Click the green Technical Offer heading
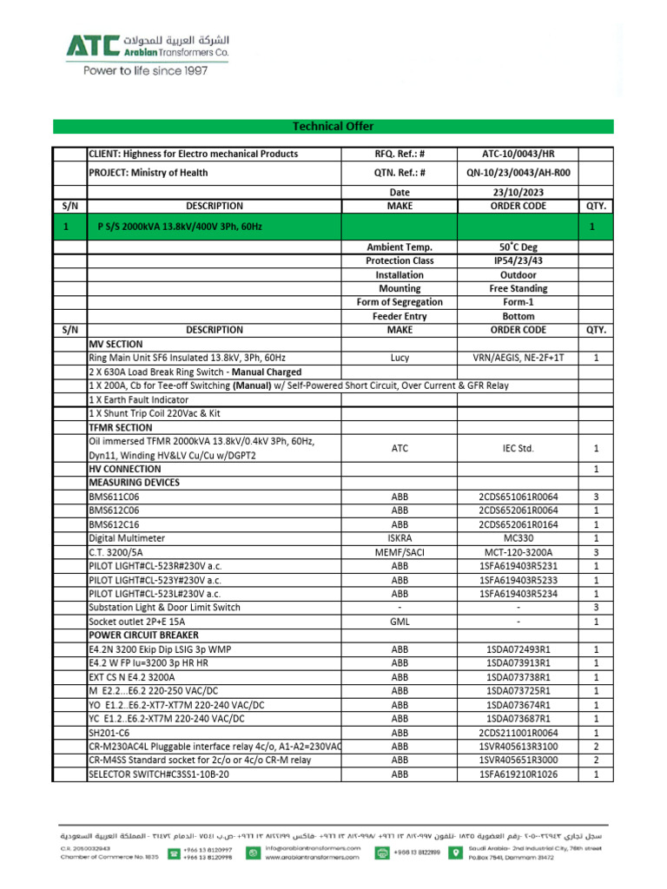point(333,127)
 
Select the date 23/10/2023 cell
point(518,192)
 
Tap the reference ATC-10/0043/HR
point(518,154)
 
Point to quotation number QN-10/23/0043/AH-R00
point(518,173)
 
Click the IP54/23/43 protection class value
point(518,260)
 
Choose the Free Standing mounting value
point(518,288)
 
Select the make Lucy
point(400,358)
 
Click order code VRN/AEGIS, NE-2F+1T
point(518,358)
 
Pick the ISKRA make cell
point(400,538)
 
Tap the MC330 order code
point(518,538)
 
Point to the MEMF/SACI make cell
point(400,552)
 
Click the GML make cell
point(400,622)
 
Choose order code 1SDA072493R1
point(518,649)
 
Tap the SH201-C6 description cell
point(113,733)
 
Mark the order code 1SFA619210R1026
point(518,774)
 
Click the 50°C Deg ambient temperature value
point(518,247)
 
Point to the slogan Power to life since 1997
point(145,72)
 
